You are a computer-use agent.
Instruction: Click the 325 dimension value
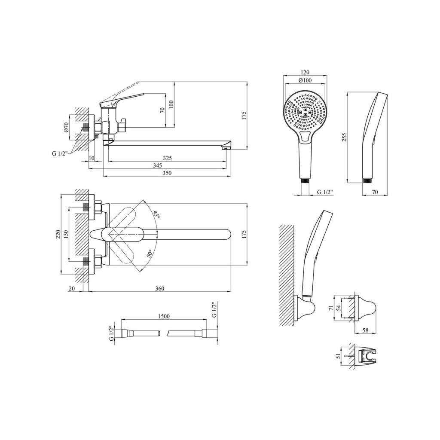pos(167,158)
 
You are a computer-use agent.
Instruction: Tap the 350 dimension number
pos(167,173)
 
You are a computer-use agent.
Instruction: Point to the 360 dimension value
pos(159,288)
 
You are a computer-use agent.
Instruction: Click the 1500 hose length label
pos(164,316)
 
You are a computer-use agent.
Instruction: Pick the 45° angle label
pos(156,215)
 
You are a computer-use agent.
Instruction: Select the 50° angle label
pos(149,254)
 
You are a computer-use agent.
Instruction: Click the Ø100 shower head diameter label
pos(305,80)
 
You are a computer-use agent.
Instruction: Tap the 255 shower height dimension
pos(345,137)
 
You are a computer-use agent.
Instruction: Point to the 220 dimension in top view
pos(58,234)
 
